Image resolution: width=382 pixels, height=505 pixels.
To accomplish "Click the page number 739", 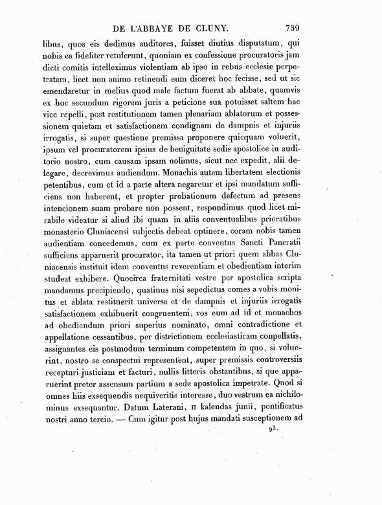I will pyautogui.click(x=295, y=27).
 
